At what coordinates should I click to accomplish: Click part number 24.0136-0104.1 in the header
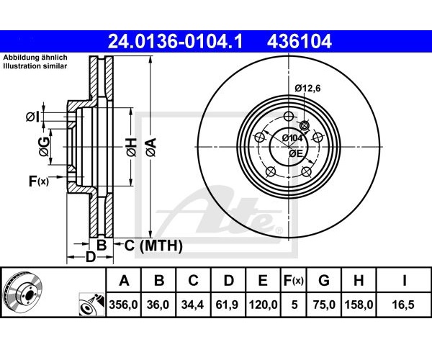(175, 41)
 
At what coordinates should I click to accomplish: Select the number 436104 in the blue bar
(299, 41)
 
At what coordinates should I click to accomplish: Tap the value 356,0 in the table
(123, 305)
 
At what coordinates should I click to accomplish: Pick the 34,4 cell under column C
(192, 305)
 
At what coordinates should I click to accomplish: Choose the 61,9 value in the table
(228, 305)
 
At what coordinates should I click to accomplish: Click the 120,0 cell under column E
(263, 305)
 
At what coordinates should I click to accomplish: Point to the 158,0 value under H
(359, 305)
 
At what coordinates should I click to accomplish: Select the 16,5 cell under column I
(404, 305)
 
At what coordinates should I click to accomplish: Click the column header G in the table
(324, 281)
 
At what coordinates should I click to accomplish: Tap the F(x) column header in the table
(294, 281)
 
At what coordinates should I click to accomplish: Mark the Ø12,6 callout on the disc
(307, 89)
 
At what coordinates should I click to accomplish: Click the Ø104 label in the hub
(292, 138)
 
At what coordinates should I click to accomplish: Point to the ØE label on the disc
(296, 153)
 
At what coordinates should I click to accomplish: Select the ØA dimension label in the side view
(151, 148)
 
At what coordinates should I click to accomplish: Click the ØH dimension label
(132, 148)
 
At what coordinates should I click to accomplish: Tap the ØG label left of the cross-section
(45, 147)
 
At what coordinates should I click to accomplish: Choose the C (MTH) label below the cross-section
(153, 246)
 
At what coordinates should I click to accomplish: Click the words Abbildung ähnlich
(35, 58)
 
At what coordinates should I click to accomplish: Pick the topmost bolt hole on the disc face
(289, 116)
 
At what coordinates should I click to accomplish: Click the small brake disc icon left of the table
(22, 292)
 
